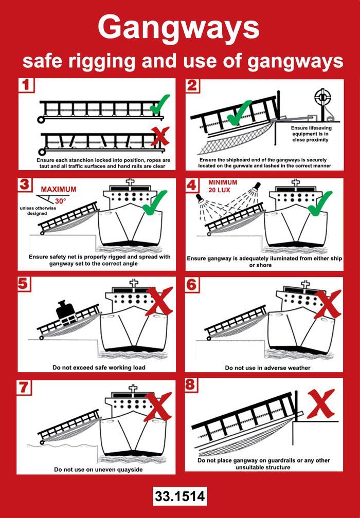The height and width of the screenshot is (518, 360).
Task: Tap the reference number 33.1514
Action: click(179, 496)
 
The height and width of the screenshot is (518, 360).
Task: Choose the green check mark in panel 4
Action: click(322, 204)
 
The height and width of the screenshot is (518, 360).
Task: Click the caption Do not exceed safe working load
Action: click(99, 367)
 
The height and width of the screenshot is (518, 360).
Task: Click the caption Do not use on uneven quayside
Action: click(99, 469)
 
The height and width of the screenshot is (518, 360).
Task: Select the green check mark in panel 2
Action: click(239, 114)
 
